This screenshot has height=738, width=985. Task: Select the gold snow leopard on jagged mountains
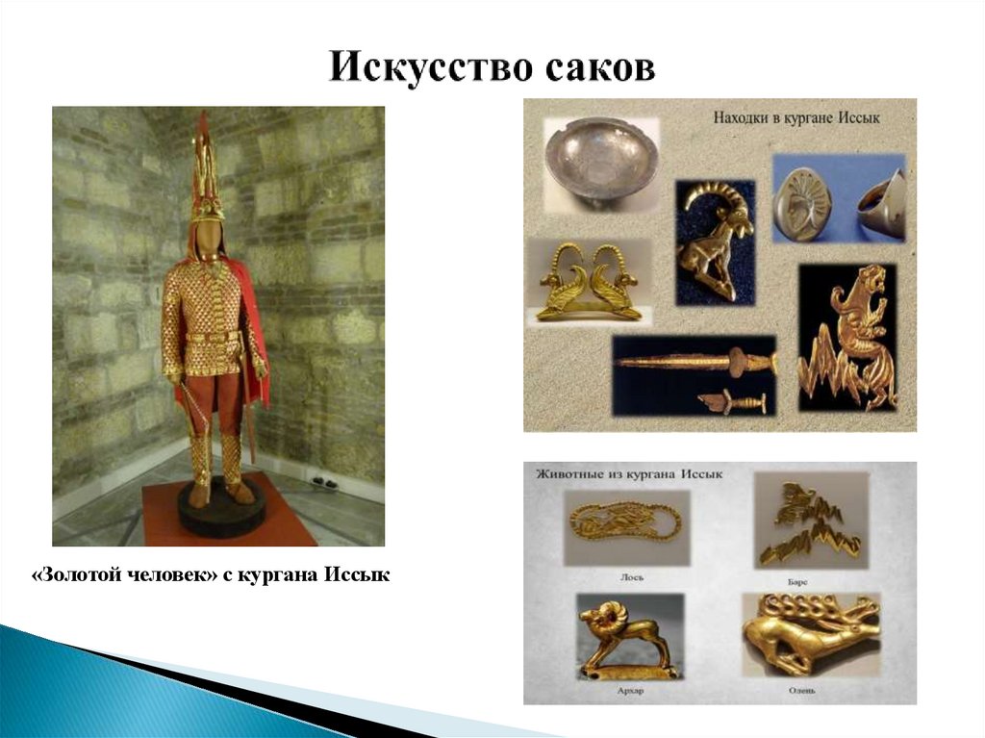(847, 337)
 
